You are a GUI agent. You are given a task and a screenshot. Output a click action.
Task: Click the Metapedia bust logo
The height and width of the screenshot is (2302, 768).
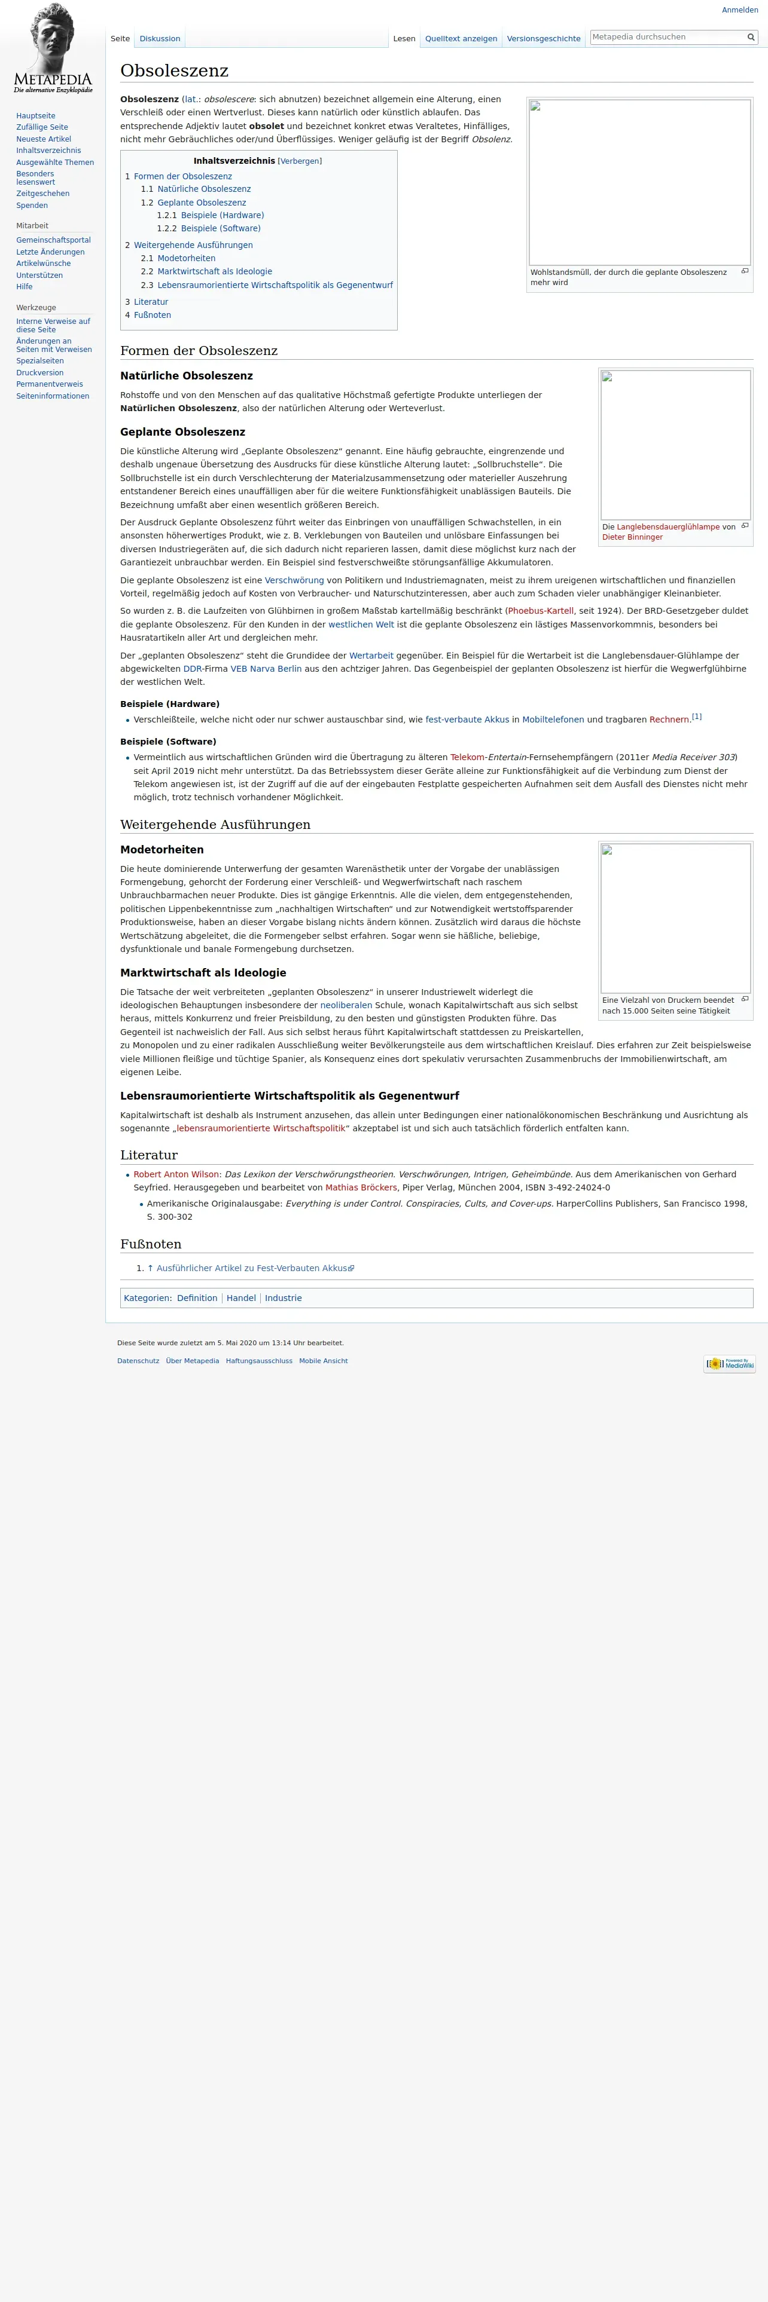(53, 48)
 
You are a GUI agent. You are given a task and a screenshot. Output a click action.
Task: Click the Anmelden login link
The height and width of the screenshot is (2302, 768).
(739, 10)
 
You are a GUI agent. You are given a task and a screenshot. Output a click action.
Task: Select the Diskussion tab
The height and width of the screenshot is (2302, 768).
(160, 38)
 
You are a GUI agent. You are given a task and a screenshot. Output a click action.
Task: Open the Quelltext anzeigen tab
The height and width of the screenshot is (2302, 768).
(461, 38)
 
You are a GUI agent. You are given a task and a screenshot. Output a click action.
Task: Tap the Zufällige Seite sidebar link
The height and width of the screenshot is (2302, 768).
(42, 127)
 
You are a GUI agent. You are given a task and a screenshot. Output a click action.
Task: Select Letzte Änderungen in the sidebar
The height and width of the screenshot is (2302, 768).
(50, 252)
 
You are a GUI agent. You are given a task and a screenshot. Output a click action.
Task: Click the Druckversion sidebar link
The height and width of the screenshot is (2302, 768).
(39, 373)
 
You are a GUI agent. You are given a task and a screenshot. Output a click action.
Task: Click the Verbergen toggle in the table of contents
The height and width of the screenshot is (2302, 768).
(300, 161)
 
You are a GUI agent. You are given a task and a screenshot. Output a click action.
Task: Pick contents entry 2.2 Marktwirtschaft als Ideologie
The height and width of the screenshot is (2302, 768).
(215, 272)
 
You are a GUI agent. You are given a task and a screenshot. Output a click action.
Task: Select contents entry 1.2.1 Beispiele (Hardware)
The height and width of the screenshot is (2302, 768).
(222, 215)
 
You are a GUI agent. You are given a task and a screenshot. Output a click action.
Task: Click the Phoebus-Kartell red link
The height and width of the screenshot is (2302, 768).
(540, 611)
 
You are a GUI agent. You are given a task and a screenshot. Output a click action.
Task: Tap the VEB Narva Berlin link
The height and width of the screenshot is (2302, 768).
(266, 669)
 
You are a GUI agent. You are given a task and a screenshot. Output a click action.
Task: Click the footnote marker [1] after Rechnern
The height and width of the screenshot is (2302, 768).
(696, 717)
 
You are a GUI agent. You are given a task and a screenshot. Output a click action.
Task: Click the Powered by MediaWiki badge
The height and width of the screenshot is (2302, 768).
(729, 1364)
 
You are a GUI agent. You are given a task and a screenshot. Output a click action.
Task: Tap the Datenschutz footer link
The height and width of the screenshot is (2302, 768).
(138, 1361)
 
